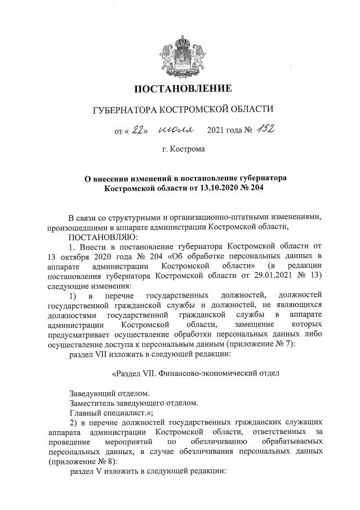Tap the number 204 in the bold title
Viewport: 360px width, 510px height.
pos(251,187)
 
